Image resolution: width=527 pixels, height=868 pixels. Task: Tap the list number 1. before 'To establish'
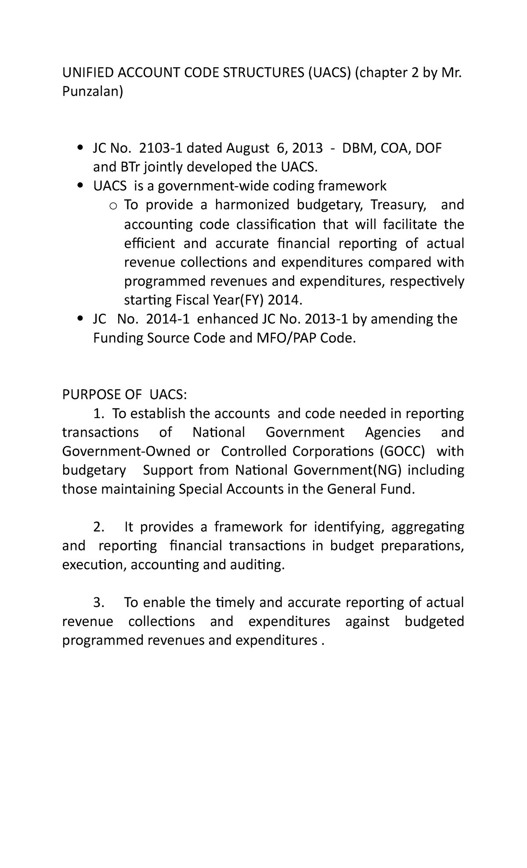[99, 413]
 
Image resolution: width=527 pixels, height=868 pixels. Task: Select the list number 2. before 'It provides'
[99, 527]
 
